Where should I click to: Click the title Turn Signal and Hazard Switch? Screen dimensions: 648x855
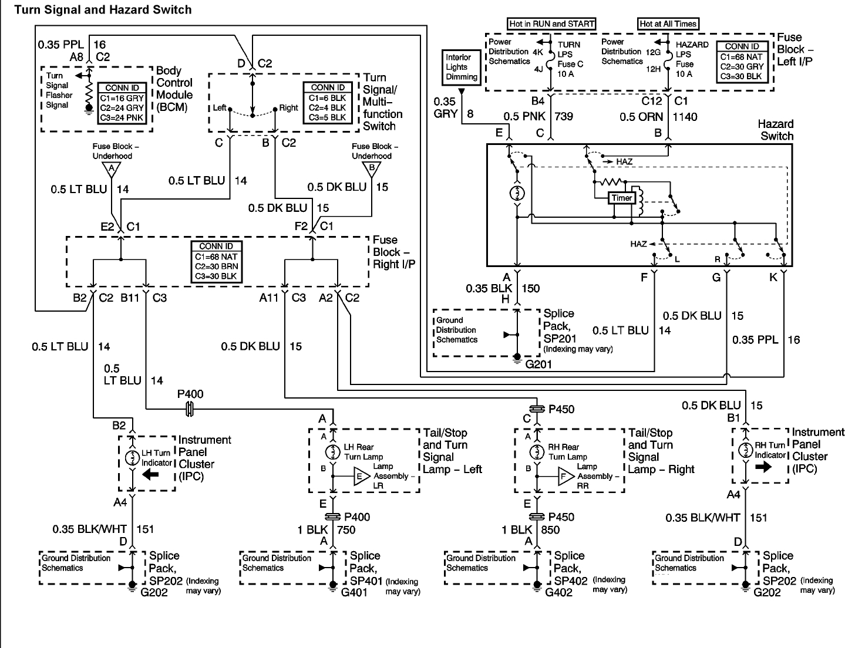(103, 10)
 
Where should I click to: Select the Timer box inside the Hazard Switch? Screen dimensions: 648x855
(621, 198)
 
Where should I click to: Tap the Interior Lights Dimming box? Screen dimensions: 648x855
(462, 67)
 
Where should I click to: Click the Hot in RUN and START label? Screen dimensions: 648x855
(551, 24)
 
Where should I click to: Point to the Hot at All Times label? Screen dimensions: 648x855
(668, 24)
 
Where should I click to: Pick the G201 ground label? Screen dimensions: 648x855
(538, 365)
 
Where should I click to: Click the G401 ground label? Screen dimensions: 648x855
(354, 592)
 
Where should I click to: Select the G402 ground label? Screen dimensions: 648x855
(558, 592)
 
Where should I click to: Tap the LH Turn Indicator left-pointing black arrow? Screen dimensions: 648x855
(150, 474)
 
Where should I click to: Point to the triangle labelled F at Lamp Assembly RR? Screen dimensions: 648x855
(565, 477)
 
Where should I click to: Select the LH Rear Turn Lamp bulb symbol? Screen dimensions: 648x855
(333, 452)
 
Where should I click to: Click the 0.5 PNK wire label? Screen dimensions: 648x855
(521, 116)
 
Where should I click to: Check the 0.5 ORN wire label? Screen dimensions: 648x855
(641, 117)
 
